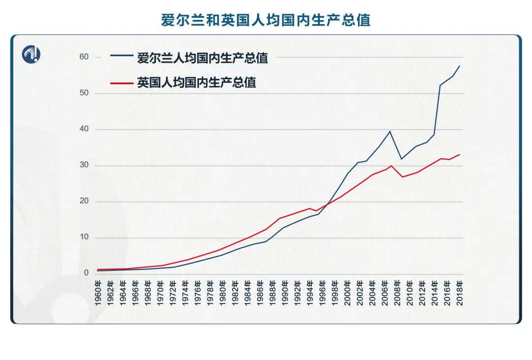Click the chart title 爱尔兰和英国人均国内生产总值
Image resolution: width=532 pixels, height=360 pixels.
tap(266, 20)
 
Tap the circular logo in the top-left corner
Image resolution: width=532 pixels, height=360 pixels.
tap(31, 54)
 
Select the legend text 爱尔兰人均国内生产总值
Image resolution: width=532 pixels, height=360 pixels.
tap(202, 58)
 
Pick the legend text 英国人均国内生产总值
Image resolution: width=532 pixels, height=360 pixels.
tap(197, 82)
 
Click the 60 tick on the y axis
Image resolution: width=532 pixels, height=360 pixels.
tap(84, 57)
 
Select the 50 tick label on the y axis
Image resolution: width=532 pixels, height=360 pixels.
tap(84, 93)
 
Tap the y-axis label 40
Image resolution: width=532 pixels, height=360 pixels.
tap(84, 129)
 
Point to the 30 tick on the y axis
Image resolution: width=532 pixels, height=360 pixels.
tap(84, 165)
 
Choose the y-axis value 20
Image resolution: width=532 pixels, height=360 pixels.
tap(84, 201)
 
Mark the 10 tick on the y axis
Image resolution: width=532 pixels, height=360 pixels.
tap(84, 237)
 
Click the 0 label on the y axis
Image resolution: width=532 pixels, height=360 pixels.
tap(86, 273)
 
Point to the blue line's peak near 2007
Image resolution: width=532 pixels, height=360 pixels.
tap(390, 131)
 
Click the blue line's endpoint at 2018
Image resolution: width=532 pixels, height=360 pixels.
tap(460, 66)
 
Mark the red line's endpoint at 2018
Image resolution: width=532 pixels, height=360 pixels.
tap(460, 155)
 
